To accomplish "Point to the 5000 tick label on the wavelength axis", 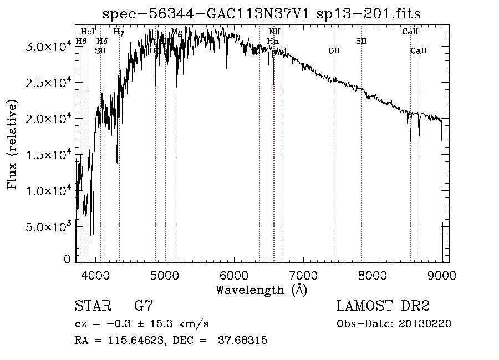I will [x=165, y=275].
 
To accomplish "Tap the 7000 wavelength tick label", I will [x=303, y=275].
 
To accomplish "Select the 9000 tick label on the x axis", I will [x=442, y=275].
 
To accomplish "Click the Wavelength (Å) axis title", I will [x=261, y=290].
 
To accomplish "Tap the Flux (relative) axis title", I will [x=12, y=144].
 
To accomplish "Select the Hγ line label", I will [x=119, y=32].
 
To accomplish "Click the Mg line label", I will [x=176, y=32].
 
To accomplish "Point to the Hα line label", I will [x=273, y=42].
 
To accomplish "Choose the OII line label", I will [x=334, y=51].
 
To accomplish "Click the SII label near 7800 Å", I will [x=361, y=42].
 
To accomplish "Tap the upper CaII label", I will [x=410, y=32].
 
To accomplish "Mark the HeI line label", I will [x=88, y=32].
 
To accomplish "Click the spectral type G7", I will [x=144, y=306].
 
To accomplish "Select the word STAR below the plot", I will [x=92, y=306].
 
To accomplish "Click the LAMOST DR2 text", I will [x=383, y=306].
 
